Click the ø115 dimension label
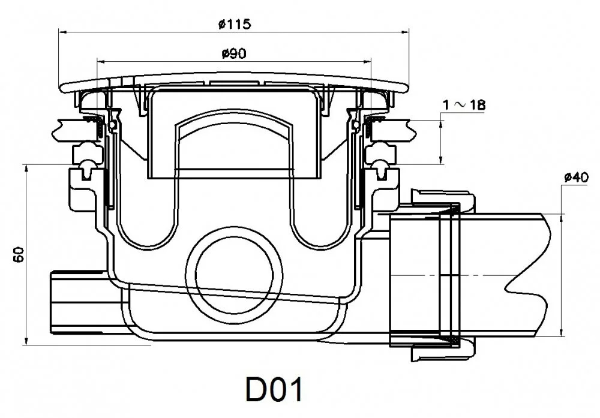coord(235,24)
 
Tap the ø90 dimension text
coord(234,53)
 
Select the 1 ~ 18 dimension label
coord(464,104)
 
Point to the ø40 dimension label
coord(577,178)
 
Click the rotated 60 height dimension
coord(19,254)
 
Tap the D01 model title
coord(274,390)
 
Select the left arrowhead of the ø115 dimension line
coord(62,32)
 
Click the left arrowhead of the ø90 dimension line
coord(101,61)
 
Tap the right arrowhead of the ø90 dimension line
coord(367,61)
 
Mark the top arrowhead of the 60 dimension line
coord(26,169)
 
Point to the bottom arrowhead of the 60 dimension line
coord(26,341)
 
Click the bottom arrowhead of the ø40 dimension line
coord(561,332)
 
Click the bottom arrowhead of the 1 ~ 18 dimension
coord(441,160)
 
